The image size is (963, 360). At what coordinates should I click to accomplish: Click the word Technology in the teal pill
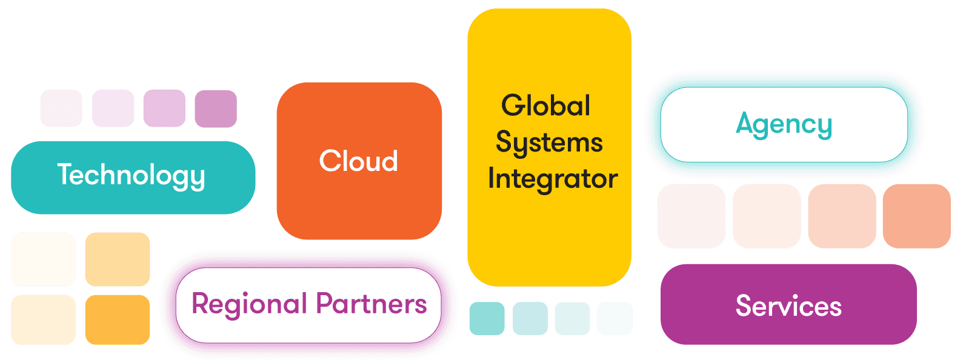point(132,175)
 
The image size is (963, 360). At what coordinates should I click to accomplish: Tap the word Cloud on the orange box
point(359,161)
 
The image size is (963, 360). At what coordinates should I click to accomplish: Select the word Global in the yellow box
point(545,105)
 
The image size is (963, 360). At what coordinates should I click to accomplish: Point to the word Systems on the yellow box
point(549,143)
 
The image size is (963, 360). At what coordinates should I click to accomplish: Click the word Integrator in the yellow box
point(552,179)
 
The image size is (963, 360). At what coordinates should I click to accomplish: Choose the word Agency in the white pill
point(784,125)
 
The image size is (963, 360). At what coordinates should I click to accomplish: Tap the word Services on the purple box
point(788,306)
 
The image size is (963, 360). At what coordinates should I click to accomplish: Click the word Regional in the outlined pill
point(250,304)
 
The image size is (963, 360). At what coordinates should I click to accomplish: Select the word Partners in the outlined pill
point(372,304)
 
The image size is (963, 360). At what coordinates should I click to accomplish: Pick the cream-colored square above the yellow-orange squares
point(43,259)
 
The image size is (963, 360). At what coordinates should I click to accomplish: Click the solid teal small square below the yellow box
point(487,318)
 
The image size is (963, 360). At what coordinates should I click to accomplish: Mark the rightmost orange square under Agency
point(916,216)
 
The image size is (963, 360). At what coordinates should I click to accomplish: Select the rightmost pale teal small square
point(615,318)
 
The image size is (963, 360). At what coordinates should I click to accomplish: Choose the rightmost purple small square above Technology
point(216,108)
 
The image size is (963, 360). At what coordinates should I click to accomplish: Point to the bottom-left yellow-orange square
point(43,319)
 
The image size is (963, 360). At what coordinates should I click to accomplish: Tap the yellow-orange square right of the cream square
point(118,259)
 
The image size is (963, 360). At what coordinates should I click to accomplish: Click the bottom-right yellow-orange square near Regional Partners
point(118,319)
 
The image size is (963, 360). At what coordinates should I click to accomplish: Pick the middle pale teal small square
point(572,318)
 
